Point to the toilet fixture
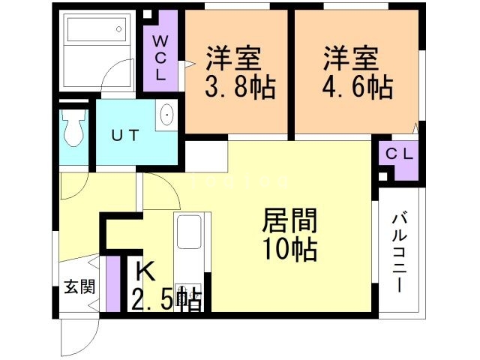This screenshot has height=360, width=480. (x=73, y=129)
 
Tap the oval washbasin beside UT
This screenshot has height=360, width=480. (x=166, y=115)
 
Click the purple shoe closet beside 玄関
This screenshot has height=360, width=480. (x=113, y=285)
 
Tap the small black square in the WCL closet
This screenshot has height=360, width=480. (x=148, y=14)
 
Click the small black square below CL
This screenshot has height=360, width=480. (x=383, y=176)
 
